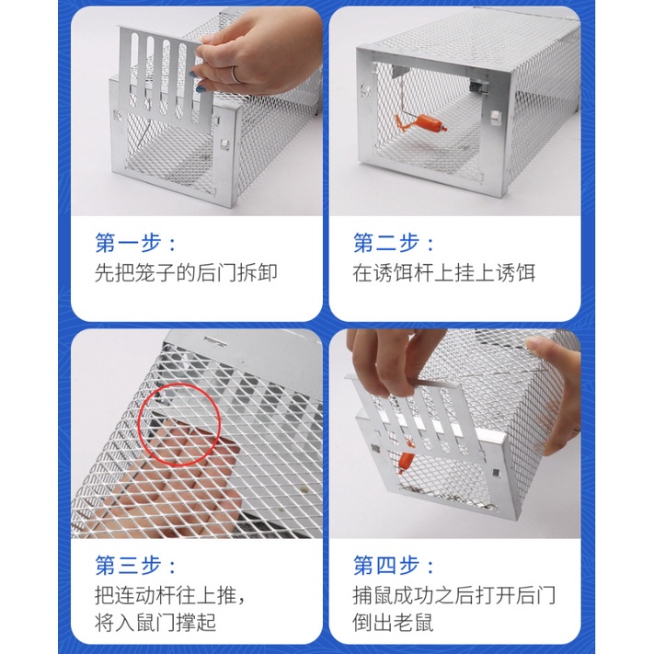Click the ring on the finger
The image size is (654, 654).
(x=235, y=75)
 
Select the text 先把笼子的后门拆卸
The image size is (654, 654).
(x=186, y=273)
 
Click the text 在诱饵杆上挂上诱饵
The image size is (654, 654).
(x=443, y=273)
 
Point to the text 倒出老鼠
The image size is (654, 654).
(x=393, y=623)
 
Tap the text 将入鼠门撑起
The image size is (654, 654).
(x=155, y=623)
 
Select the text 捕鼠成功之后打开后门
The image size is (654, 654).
(x=453, y=595)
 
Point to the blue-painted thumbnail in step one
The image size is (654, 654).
(x=192, y=75)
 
